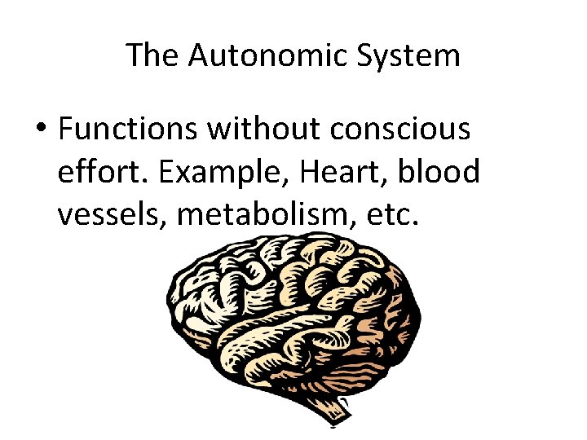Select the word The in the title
click(152, 56)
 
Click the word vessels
click(111, 216)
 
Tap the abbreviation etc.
click(391, 216)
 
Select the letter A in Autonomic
click(198, 56)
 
